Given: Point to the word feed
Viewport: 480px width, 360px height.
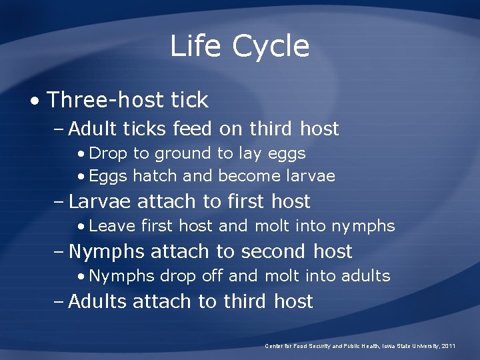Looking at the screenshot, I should [x=192, y=128].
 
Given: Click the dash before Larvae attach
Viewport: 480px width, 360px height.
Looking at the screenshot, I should [x=59, y=201].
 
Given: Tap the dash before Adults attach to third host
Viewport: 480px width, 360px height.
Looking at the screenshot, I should [x=59, y=301].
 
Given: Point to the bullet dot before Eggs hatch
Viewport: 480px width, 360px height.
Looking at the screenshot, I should [x=81, y=177].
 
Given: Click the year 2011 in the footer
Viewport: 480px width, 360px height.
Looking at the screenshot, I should [x=449, y=346].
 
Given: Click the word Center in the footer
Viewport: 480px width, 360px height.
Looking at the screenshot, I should [x=274, y=346].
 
